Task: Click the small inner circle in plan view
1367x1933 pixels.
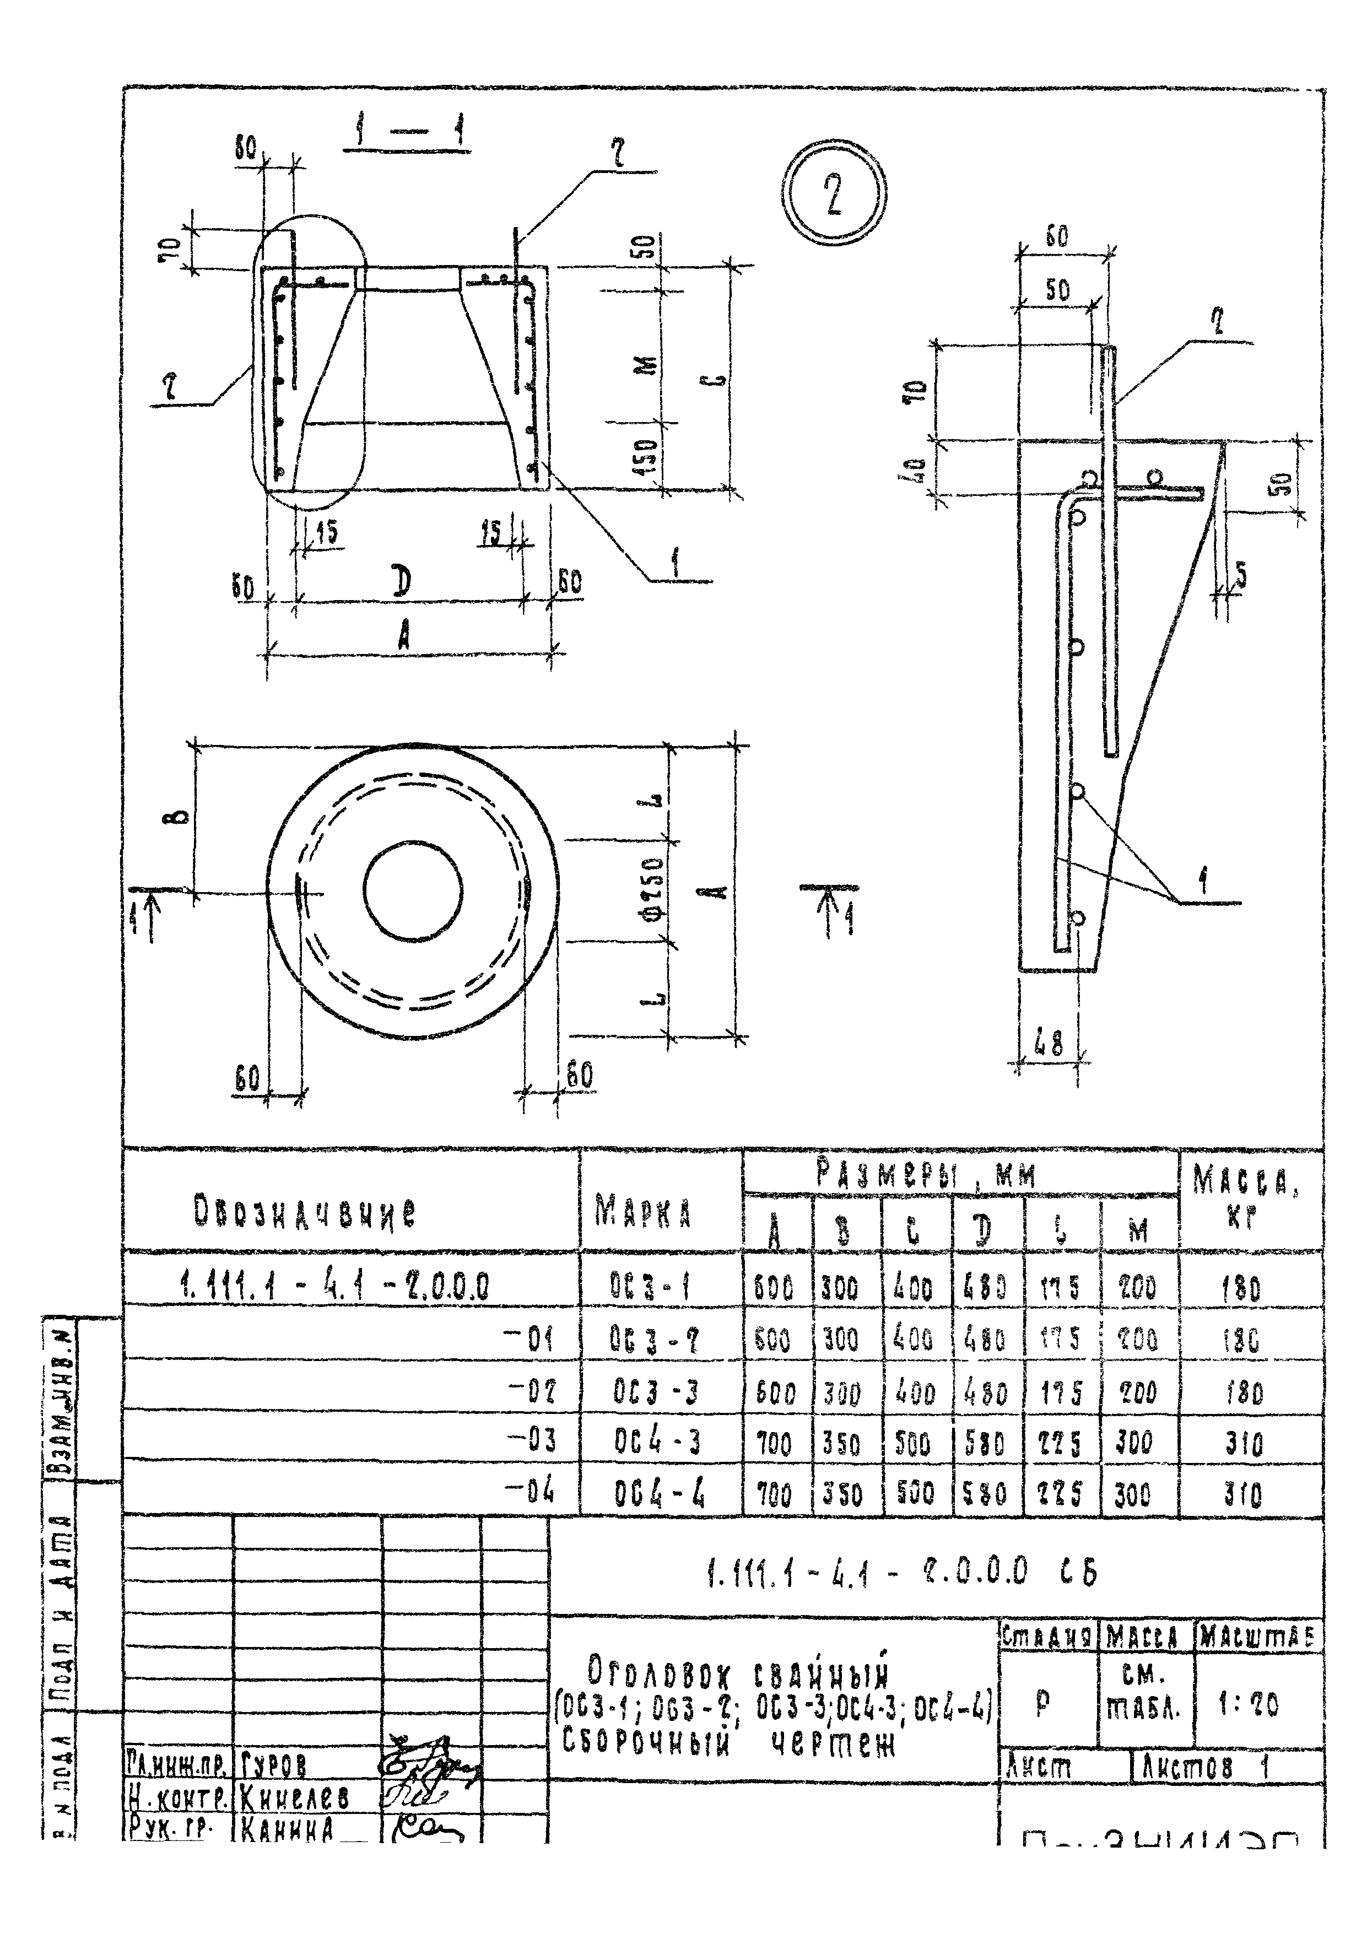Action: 413,890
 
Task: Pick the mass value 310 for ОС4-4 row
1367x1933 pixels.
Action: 1243,1496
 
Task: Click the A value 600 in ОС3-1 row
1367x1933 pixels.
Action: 774,1288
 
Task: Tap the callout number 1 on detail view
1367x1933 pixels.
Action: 1204,882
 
